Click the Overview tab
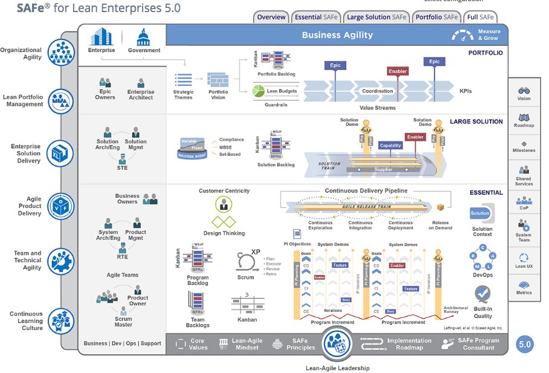coord(271,17)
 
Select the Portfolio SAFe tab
coord(437,17)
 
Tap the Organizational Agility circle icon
coord(60,53)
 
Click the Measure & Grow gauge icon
coord(463,36)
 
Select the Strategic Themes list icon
coord(183,80)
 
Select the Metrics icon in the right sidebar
coord(524,285)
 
